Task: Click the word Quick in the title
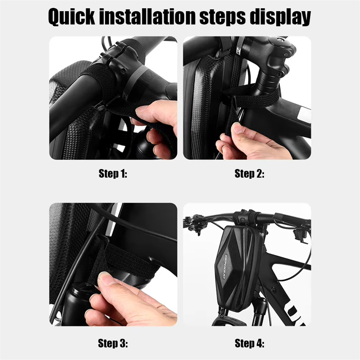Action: [x=71, y=17]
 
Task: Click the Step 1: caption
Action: [x=113, y=174]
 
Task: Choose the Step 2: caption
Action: [x=249, y=174]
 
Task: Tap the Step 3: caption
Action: [x=113, y=343]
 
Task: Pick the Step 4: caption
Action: [x=249, y=343]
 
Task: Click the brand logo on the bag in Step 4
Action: [x=225, y=266]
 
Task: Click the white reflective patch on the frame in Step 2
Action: [x=304, y=114]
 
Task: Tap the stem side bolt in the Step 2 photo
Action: [x=279, y=74]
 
